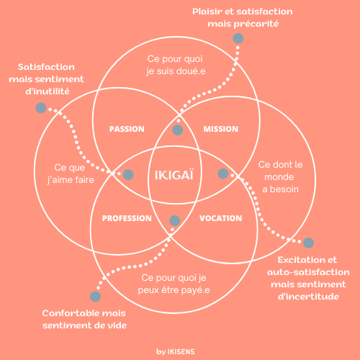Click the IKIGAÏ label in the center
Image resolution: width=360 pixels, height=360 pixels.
[x=174, y=175]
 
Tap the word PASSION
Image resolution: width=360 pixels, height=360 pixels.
[x=127, y=129]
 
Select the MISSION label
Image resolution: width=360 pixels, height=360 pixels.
[x=221, y=129]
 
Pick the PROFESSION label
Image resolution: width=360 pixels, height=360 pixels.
[x=127, y=218]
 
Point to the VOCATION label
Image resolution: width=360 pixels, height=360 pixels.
[x=221, y=218]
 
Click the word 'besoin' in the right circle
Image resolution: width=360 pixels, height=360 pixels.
[x=284, y=189]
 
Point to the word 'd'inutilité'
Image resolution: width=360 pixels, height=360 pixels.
[x=48, y=91]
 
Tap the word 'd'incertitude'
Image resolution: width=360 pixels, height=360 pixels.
[x=308, y=297]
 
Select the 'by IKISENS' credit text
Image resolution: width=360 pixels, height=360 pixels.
[x=176, y=352]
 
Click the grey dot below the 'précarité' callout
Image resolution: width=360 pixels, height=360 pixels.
[x=238, y=38]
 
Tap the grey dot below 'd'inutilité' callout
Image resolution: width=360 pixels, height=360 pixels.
[x=41, y=108]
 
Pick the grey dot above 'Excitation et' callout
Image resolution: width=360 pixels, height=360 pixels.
[x=308, y=243]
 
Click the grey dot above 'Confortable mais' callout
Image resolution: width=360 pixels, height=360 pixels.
[x=95, y=297]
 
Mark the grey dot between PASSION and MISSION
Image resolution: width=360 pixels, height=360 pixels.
[x=178, y=130]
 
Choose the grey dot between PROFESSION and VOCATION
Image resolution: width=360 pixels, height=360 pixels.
[x=175, y=221]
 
